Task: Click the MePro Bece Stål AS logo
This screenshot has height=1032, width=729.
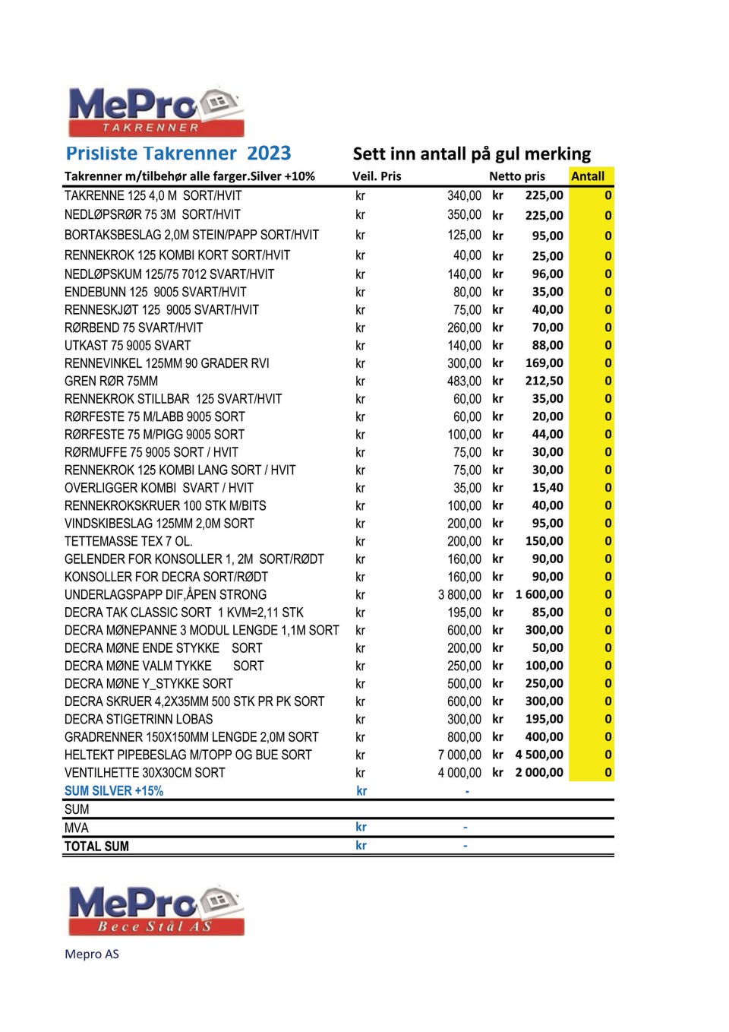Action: (156, 910)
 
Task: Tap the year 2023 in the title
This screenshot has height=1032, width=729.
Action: (269, 154)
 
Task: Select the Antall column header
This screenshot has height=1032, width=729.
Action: (588, 176)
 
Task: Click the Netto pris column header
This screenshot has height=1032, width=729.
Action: (516, 176)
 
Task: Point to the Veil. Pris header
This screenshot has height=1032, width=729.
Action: (377, 176)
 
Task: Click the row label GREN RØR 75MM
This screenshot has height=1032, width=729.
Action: (111, 381)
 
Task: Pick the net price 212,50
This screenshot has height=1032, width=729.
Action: (544, 381)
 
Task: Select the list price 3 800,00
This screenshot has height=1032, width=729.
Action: (459, 594)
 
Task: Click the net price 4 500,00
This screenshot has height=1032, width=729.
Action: (539, 755)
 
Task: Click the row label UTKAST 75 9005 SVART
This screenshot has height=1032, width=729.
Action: (128, 345)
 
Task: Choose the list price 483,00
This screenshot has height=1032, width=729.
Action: (464, 381)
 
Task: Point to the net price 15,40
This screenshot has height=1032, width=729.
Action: (548, 488)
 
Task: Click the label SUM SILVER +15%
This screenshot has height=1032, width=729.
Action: (114, 791)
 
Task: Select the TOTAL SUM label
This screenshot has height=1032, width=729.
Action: (96, 847)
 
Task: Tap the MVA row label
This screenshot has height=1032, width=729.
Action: (76, 828)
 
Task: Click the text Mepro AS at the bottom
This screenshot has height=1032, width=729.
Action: (92, 954)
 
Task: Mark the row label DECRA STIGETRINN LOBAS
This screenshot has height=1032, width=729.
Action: (138, 719)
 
